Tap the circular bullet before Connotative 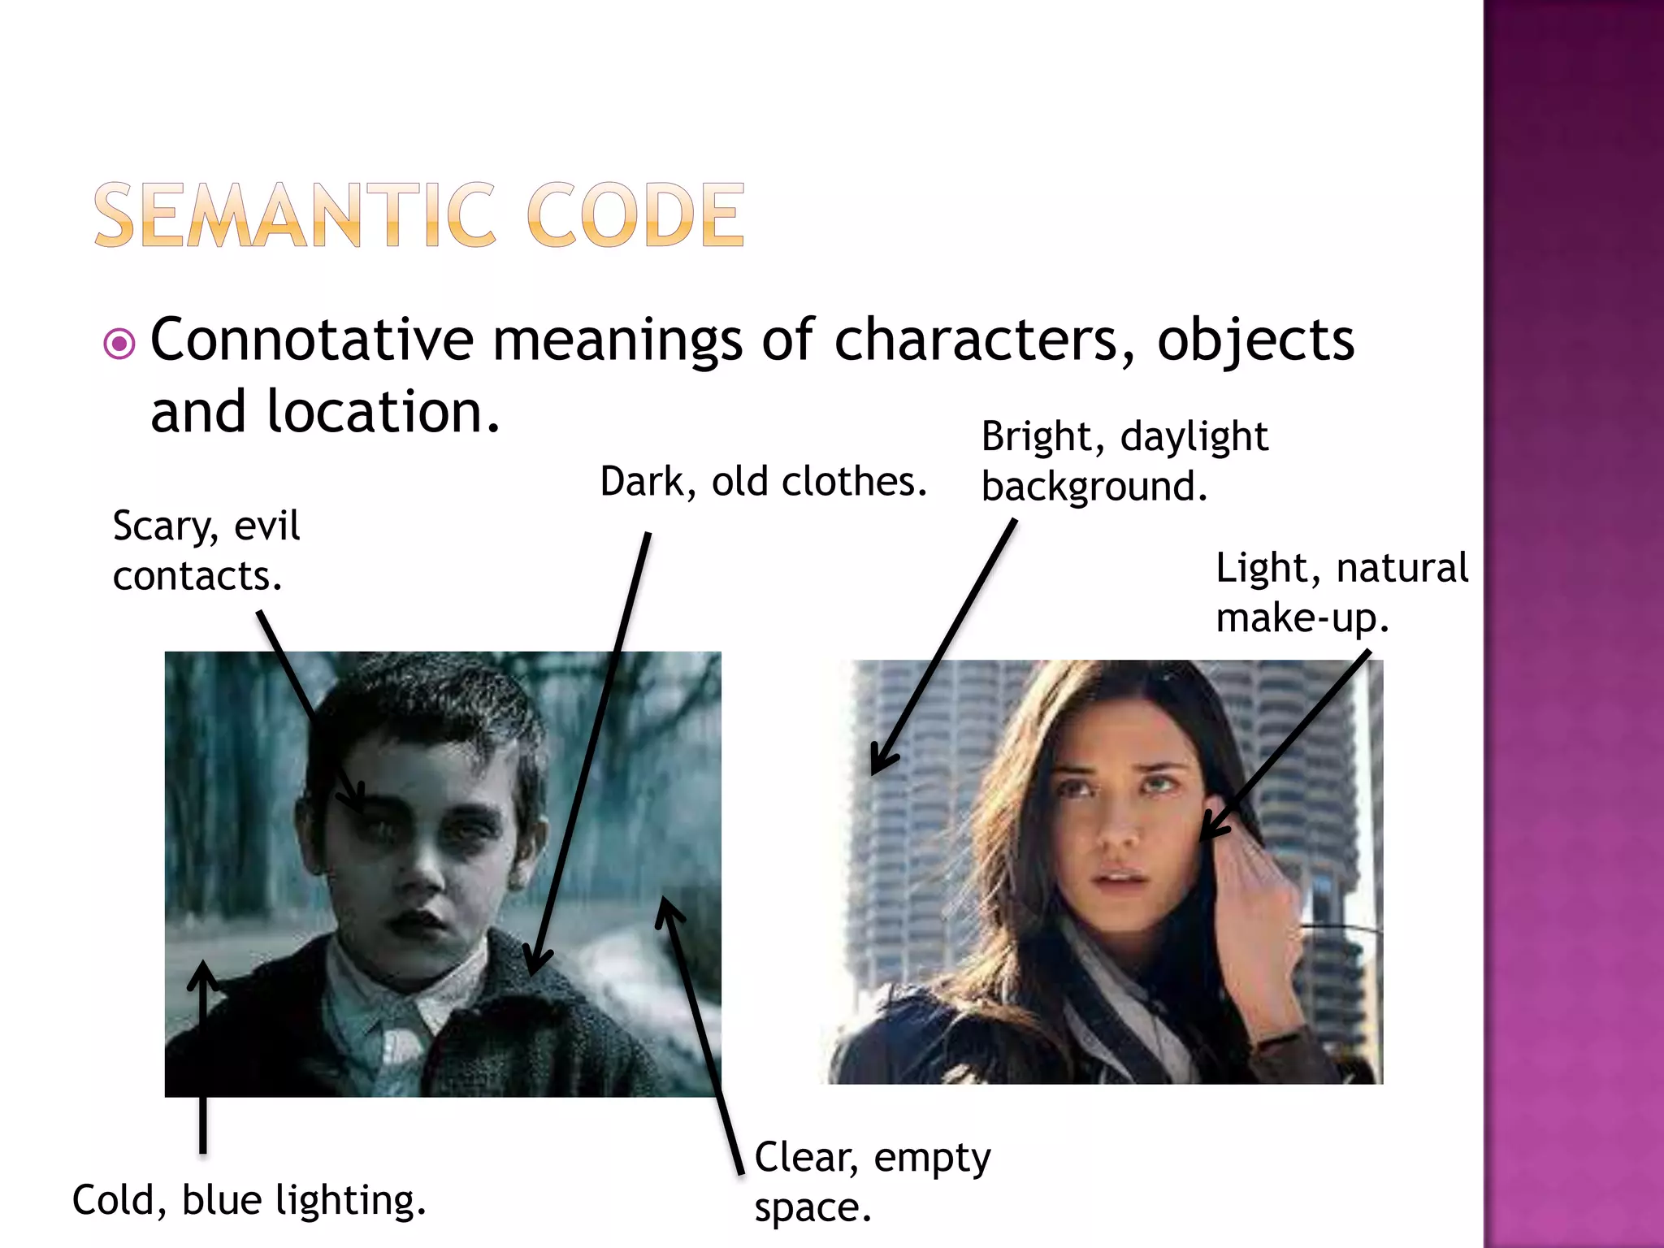pyautogui.click(x=119, y=344)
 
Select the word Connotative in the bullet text pyautogui.click(x=312, y=340)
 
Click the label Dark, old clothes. pyautogui.click(x=763, y=482)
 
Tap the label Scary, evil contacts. pyautogui.click(x=206, y=551)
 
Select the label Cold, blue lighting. pyautogui.click(x=249, y=1200)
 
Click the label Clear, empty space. pyautogui.click(x=872, y=1181)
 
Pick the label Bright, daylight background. pyautogui.click(x=1124, y=461)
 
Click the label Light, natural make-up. pyautogui.click(x=1341, y=592)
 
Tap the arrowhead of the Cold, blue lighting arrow pyautogui.click(x=203, y=971)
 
